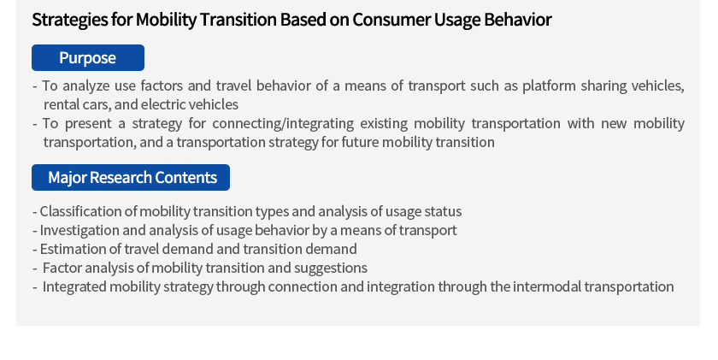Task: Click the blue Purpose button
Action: [88, 57]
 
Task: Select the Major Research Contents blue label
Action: [131, 177]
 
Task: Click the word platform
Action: [549, 86]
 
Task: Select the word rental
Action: [56, 104]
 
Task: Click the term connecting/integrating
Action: [283, 124]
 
